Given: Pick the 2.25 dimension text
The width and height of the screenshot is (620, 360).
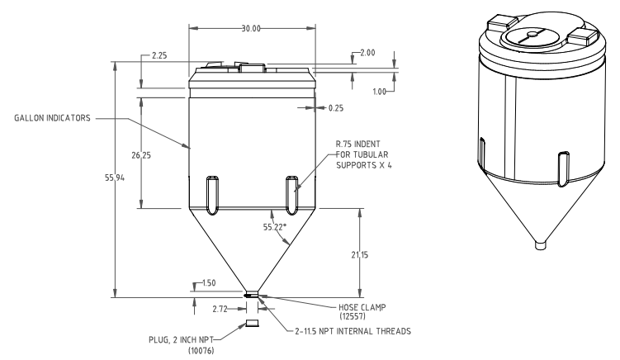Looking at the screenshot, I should tap(160, 55).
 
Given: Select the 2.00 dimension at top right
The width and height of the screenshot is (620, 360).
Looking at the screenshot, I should tap(366, 53).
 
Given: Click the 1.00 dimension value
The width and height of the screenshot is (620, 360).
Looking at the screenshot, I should tap(379, 92).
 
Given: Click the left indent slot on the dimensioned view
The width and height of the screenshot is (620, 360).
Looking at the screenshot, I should tap(212, 194).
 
